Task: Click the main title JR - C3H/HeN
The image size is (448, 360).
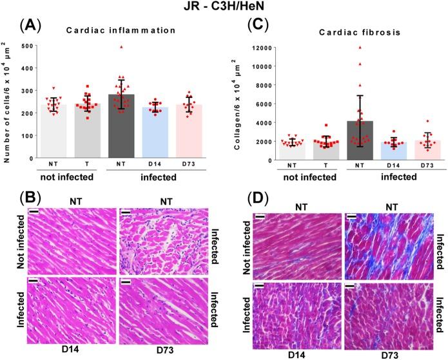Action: coord(224,8)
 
